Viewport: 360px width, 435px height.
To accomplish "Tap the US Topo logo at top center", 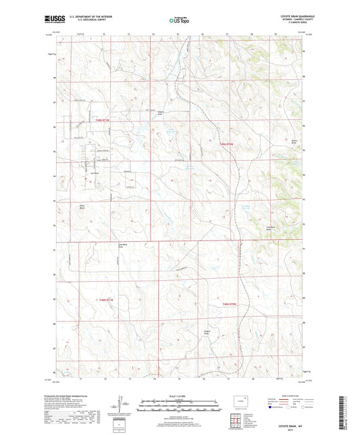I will pyautogui.click(x=178, y=21).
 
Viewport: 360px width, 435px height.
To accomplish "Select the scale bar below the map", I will pyautogui.click(x=179, y=405).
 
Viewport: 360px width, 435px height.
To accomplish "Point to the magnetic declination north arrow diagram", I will pyautogui.click(x=124, y=405).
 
